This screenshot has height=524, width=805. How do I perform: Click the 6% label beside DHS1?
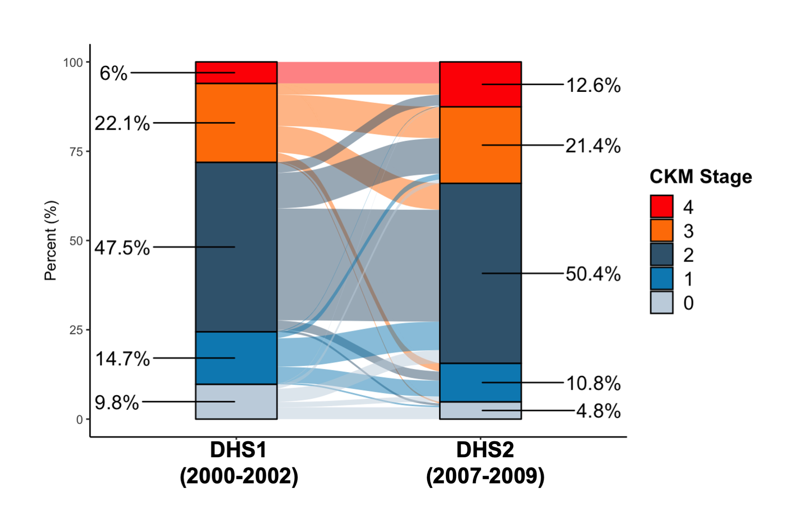113,73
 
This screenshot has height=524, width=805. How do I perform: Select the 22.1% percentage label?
122,123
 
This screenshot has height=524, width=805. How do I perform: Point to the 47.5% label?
122,248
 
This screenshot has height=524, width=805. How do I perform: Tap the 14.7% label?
122,359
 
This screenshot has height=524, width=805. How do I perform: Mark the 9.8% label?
117,403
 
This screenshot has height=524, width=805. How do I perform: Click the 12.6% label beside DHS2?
593,86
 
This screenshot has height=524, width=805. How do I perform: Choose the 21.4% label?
593,146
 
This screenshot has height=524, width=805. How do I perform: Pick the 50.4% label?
593,274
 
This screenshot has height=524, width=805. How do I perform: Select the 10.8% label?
593,383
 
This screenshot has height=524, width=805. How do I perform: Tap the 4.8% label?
598,411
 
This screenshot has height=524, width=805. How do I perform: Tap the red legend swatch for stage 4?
661,206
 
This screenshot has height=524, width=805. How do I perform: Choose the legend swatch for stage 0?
661,302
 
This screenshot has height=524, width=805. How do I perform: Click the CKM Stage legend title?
701,176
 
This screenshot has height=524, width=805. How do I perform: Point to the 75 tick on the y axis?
76,152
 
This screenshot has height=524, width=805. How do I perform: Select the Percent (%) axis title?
51,241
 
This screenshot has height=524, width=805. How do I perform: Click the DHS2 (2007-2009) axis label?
485,463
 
